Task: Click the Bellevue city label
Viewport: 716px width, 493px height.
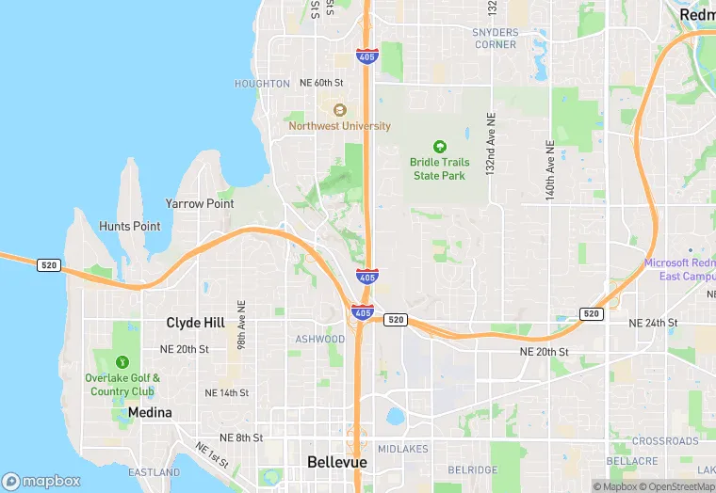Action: pyautogui.click(x=336, y=462)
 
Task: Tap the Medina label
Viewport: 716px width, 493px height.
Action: pyautogui.click(x=150, y=412)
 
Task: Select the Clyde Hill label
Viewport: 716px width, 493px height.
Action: pyautogui.click(x=195, y=323)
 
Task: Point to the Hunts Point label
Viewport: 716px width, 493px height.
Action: pyautogui.click(x=129, y=226)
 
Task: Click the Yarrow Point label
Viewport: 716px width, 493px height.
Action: pyautogui.click(x=200, y=203)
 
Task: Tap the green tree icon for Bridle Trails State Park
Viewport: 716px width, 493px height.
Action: pyautogui.click(x=438, y=147)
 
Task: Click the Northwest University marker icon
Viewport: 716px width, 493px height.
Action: pyautogui.click(x=339, y=110)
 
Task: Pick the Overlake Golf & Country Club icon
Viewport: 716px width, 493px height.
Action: pyautogui.click(x=122, y=362)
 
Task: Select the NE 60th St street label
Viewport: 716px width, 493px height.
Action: pyautogui.click(x=321, y=83)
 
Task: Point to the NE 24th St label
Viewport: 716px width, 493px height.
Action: pyautogui.click(x=653, y=323)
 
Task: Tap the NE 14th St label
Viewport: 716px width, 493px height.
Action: pyautogui.click(x=226, y=392)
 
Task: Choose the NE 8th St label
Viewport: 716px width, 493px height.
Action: pyautogui.click(x=241, y=437)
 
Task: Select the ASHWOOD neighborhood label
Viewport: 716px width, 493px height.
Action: pyautogui.click(x=320, y=339)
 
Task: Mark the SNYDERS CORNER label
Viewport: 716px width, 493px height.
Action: pyautogui.click(x=496, y=39)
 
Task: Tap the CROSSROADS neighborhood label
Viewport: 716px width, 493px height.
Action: pyautogui.click(x=665, y=441)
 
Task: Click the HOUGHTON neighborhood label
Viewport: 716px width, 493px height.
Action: pyautogui.click(x=262, y=84)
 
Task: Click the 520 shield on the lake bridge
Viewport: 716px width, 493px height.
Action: pyautogui.click(x=49, y=265)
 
